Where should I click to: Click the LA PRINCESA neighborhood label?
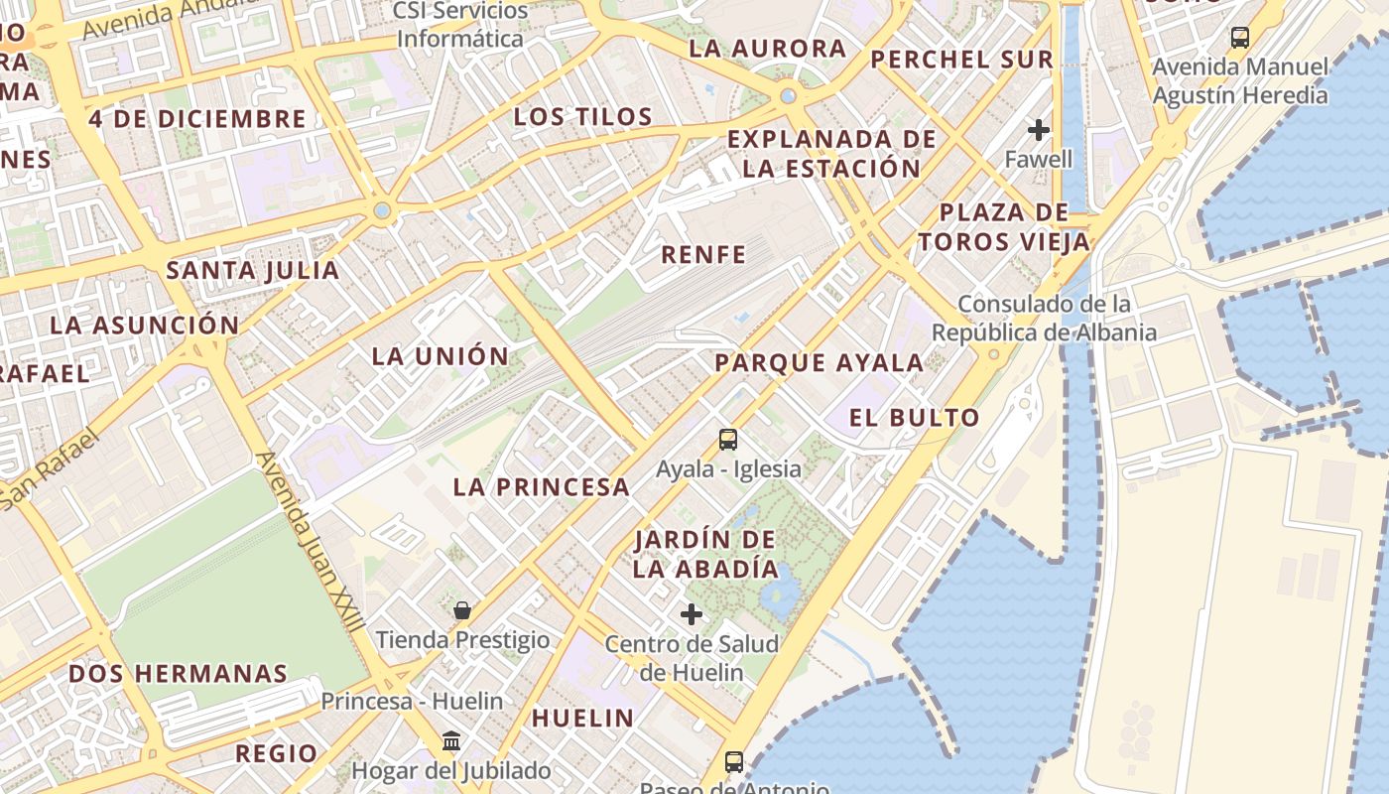(x=542, y=486)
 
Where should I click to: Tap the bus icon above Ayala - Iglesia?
(x=728, y=439)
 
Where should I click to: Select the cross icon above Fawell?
(x=1039, y=130)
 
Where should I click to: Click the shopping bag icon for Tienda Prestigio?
(x=461, y=609)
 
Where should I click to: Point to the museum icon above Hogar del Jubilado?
(x=451, y=740)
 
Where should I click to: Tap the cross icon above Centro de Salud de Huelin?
(x=692, y=614)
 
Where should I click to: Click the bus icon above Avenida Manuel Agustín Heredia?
(x=1239, y=38)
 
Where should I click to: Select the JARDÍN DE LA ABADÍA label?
(x=705, y=554)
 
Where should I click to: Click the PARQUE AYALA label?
(x=820, y=363)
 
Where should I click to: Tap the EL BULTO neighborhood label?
(x=915, y=418)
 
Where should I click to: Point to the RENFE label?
(x=703, y=255)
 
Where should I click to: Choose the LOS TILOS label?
(x=583, y=117)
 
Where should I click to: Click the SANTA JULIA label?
(x=253, y=270)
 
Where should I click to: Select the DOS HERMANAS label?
(x=178, y=673)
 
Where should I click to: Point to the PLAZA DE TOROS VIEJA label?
(x=1004, y=226)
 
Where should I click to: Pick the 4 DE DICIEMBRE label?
(x=197, y=119)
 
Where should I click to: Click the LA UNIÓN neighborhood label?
(x=441, y=356)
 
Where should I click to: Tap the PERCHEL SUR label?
(x=961, y=60)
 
